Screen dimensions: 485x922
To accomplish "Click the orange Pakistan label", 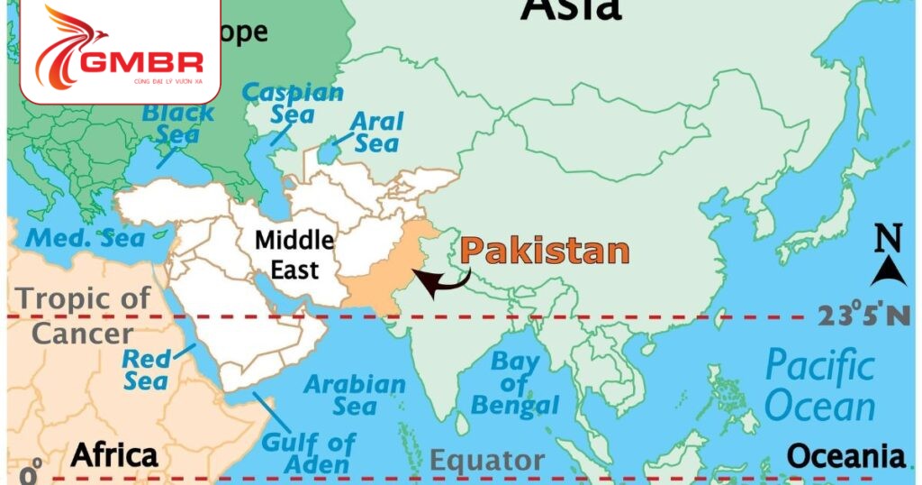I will [545, 251].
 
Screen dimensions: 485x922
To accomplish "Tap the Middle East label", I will [294, 254].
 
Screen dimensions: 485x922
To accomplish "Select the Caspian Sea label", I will [294, 103].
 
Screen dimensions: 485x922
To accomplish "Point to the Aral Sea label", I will [376, 132].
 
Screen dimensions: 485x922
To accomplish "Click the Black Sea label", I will [178, 124].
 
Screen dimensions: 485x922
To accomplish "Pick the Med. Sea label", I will [86, 239].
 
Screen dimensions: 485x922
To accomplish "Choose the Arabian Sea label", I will [355, 395].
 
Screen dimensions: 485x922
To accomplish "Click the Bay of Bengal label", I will [515, 384].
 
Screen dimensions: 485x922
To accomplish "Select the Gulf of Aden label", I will [306, 453].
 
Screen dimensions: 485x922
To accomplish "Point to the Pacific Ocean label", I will [820, 387].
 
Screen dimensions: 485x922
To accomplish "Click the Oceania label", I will [846, 456].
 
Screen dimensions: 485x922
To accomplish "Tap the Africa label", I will [114, 456].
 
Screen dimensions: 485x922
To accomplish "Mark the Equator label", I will [487, 462].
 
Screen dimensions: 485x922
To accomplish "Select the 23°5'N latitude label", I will [863, 316].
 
